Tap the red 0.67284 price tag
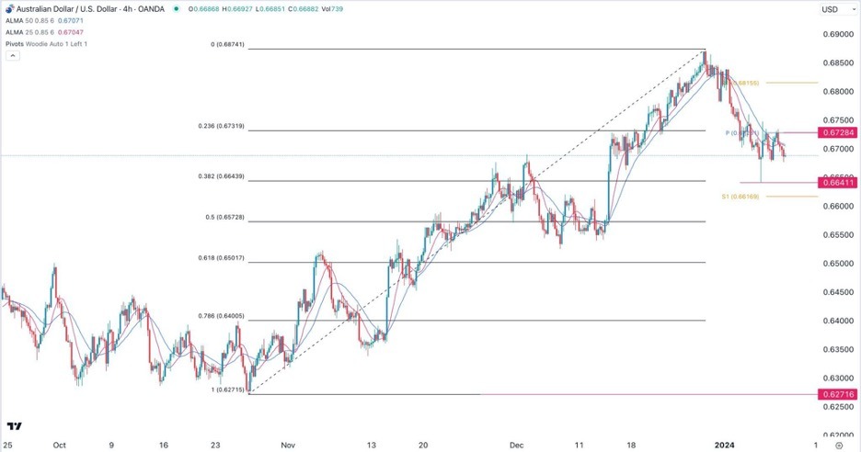pos(838,133)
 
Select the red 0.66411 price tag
pos(838,183)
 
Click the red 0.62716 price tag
pos(838,394)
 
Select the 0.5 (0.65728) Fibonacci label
pos(225,217)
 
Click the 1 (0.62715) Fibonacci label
pos(225,390)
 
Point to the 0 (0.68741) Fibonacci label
pos(225,44)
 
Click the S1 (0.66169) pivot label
pos(740,197)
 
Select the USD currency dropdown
pos(833,9)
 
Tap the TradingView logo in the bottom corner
pos(15,426)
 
